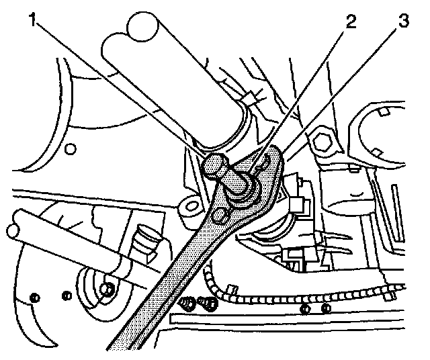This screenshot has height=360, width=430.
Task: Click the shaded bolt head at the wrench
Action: pyautogui.click(x=215, y=164)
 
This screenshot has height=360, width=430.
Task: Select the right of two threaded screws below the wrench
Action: pyautogui.click(x=210, y=304)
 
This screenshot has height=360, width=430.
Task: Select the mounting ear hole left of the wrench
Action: pyautogui.click(x=187, y=206)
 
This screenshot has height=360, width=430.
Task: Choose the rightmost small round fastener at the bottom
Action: pyautogui.click(x=325, y=308)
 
